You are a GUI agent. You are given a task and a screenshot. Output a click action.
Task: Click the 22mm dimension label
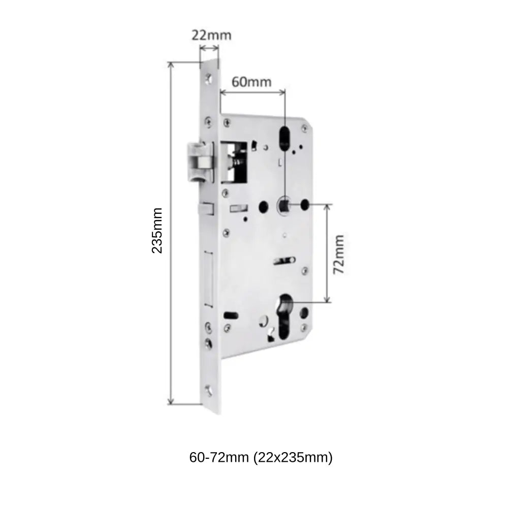[x=211, y=35]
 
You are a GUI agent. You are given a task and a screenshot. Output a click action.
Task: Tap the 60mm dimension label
[x=251, y=81]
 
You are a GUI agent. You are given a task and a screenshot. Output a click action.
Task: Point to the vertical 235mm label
[x=157, y=230]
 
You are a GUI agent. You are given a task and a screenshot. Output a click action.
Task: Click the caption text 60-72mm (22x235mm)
[x=261, y=458]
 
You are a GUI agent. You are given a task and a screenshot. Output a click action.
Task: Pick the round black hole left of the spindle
[x=264, y=206]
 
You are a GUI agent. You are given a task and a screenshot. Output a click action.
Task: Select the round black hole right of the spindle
[x=305, y=205]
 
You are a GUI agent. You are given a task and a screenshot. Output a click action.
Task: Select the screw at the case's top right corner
[x=304, y=127]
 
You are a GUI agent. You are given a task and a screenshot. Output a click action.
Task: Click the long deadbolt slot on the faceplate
[x=208, y=279]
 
